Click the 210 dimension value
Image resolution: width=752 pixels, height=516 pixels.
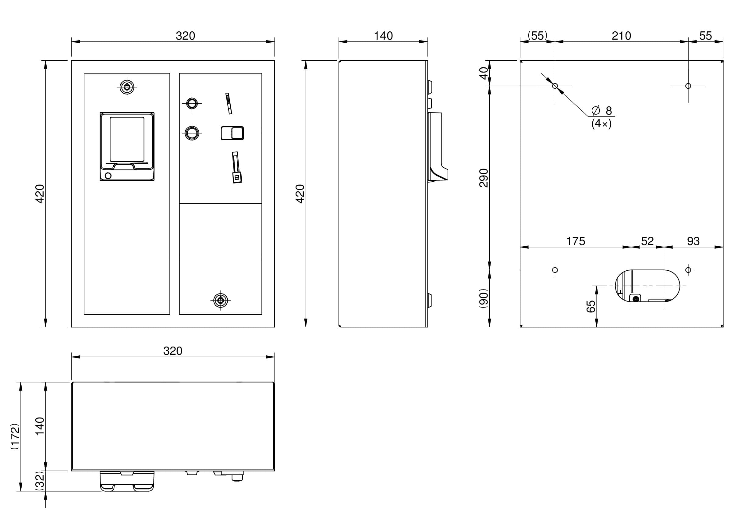pos(621,36)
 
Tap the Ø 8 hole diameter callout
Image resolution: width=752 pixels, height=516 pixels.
pos(602,111)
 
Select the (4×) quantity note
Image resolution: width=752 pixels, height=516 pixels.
pos(601,124)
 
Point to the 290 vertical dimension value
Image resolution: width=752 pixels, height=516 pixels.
pos(484,178)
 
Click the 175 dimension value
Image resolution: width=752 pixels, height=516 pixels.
pos(575,241)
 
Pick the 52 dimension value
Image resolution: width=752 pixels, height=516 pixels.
pos(647,241)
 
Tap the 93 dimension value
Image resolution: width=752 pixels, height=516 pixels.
pos(693,241)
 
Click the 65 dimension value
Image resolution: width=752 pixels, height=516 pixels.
pos(591,306)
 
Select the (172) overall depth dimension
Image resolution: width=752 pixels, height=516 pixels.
pos(15,436)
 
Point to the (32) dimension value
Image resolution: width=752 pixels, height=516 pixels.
pos(40,481)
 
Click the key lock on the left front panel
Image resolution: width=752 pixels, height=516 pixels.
pos(127,87)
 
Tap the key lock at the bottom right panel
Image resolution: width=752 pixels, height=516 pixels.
pos(220,301)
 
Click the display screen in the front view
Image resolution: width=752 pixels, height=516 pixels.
pos(127,139)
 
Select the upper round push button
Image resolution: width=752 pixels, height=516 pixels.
pos(192,104)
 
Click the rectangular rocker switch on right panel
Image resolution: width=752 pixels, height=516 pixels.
pos(232,133)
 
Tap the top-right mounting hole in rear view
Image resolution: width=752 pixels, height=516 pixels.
pos(688,86)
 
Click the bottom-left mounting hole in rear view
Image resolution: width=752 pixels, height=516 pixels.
pos(555,270)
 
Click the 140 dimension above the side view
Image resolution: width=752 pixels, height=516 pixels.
pos(383,36)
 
